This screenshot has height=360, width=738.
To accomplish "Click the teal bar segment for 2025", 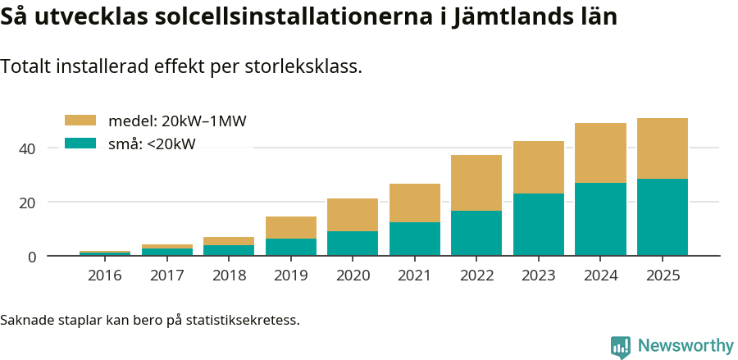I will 662,217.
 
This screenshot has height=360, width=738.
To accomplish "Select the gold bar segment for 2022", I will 476,183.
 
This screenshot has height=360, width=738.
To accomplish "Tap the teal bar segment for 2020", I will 353,244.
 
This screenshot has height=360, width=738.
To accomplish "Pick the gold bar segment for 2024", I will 600,153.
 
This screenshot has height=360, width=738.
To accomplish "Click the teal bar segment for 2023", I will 538,225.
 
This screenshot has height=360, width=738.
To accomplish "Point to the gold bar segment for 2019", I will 290,227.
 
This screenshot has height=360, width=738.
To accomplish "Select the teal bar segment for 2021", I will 414,239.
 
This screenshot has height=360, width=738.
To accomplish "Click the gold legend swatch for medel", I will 80,121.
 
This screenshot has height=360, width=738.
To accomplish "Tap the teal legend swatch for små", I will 80,144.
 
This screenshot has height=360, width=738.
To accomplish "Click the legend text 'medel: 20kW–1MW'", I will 177,121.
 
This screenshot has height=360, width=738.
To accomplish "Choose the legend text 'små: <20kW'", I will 152,144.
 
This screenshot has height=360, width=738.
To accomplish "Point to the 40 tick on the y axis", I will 29,148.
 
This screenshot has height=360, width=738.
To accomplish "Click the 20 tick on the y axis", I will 29,203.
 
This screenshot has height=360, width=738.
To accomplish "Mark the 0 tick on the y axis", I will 32,257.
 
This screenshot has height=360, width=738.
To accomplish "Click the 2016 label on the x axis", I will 105,276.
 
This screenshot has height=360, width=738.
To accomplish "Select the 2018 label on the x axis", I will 229,276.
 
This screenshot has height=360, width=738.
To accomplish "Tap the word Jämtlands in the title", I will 511,16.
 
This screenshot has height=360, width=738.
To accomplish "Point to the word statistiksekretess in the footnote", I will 242,319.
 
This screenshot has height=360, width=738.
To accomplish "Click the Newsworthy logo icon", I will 621,346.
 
